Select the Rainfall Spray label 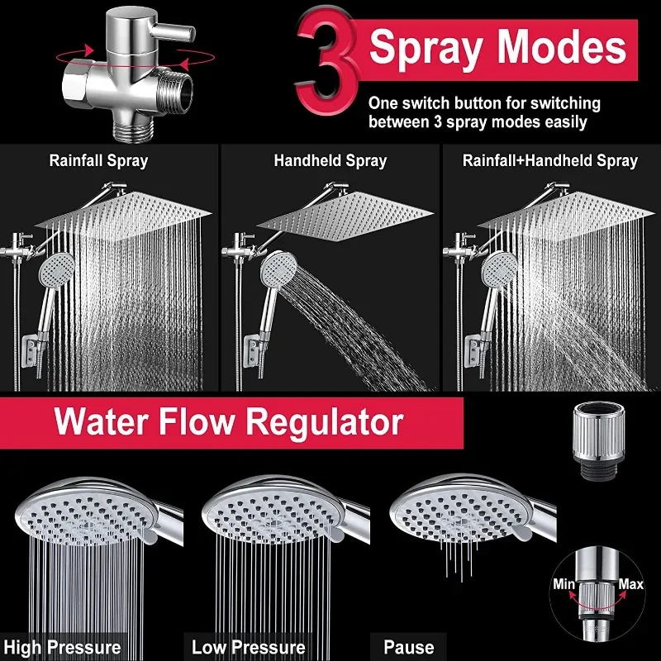[x=98, y=160]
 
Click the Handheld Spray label [x=330, y=160]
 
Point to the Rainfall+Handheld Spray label [x=550, y=160]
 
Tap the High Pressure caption [x=62, y=647]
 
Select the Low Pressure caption [x=249, y=647]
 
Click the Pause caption [x=408, y=647]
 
